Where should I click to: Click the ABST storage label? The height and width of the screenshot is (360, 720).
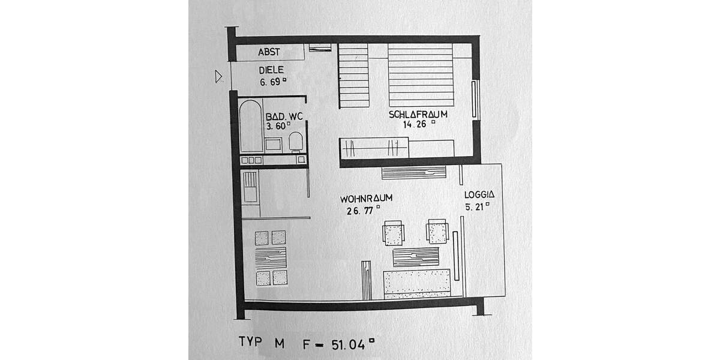pos(269,52)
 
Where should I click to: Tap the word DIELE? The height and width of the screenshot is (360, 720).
pos(271,70)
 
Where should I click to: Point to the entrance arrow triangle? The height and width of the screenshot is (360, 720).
pos(219,76)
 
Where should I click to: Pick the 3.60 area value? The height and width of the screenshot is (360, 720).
pos(277,126)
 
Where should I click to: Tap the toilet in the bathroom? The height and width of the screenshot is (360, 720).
pos(295,142)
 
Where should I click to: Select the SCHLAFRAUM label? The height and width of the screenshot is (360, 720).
pos(418,114)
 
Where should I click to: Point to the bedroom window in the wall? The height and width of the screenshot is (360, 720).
pos(475,100)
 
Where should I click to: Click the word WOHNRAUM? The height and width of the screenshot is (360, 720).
pos(366,199)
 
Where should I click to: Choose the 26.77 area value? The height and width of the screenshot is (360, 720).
pos(361,210)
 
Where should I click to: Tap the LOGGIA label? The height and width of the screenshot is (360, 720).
pos(479,194)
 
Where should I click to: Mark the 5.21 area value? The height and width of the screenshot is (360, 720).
pos(476,206)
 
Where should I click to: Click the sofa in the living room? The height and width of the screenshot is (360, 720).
pos(417,283)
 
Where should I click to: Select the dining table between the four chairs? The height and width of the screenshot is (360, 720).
pos(271,258)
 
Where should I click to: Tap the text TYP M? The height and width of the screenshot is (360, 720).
pos(262,342)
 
